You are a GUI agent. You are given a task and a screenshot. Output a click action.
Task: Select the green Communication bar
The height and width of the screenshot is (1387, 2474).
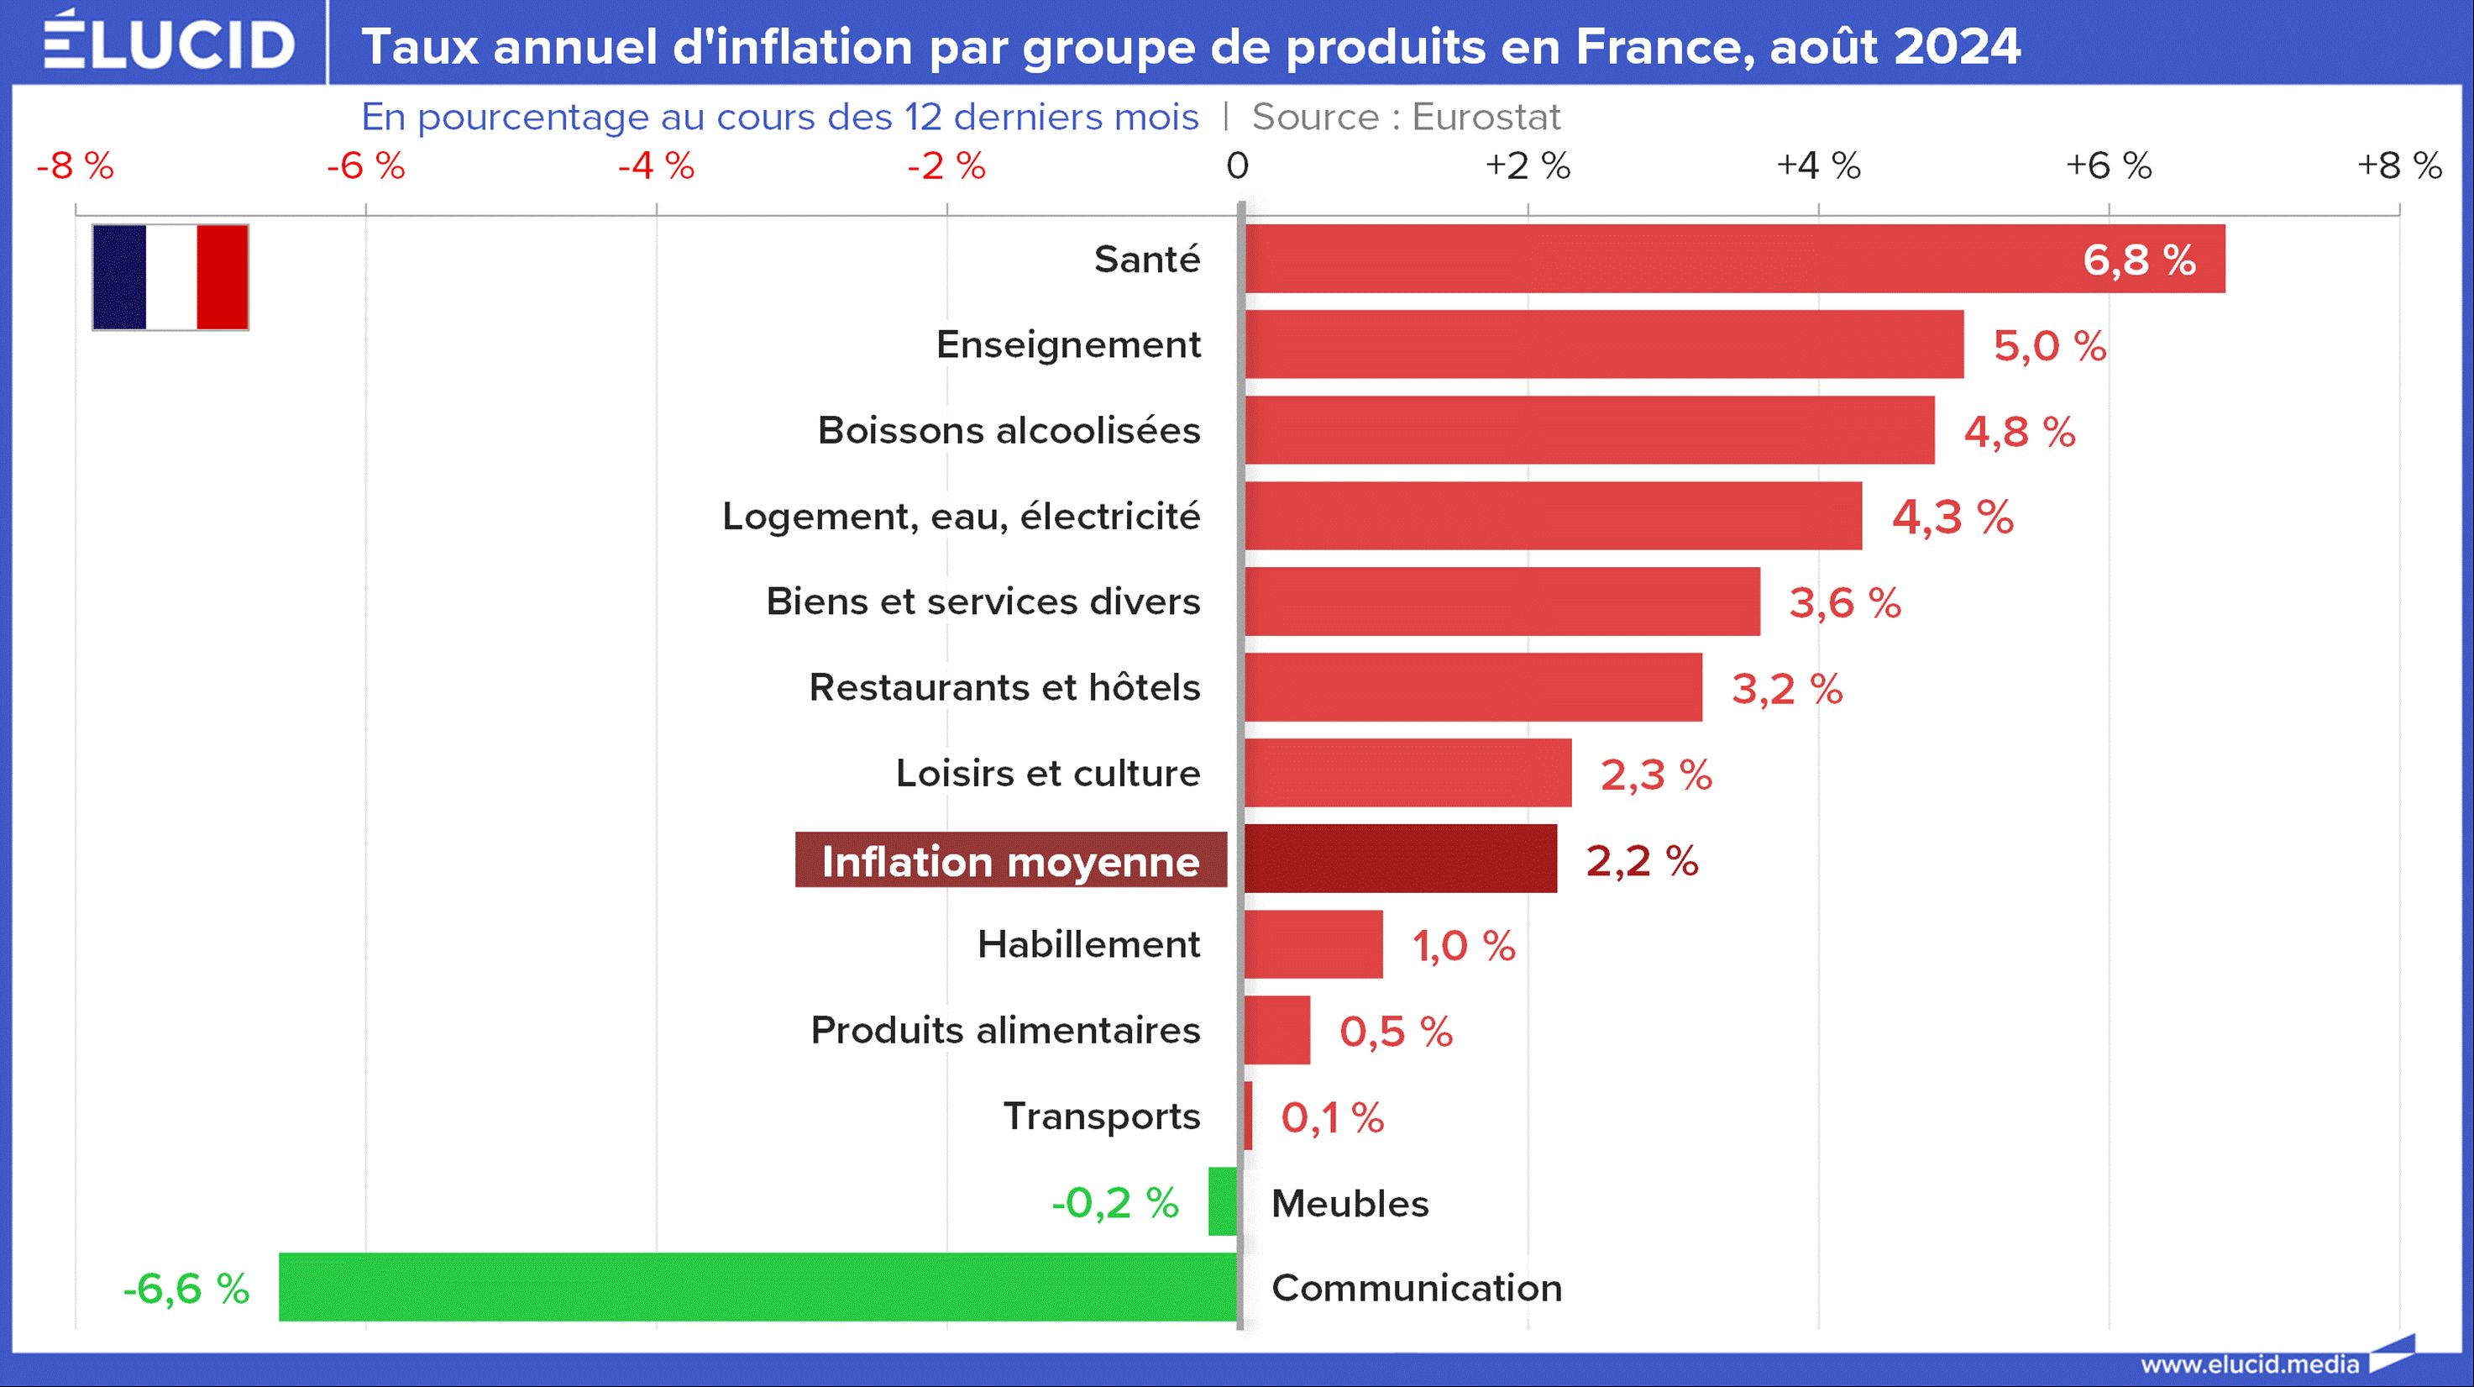pyautogui.click(x=757, y=1286)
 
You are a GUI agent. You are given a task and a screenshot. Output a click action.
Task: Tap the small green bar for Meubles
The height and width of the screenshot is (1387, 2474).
pyautogui.click(x=1223, y=1200)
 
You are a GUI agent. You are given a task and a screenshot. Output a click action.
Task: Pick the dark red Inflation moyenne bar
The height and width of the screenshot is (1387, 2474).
pyautogui.click(x=1400, y=859)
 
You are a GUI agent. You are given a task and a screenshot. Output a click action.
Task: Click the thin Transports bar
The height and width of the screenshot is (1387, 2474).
pyautogui.click(x=1248, y=1115)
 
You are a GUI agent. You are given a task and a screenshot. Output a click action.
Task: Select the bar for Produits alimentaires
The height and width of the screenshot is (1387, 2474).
pyautogui.click(x=1277, y=1030)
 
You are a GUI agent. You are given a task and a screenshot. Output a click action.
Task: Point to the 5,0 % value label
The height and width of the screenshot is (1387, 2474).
pyautogui.click(x=2050, y=346)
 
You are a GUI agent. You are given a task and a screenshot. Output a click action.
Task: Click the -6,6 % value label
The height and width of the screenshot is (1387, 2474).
pyautogui.click(x=186, y=1288)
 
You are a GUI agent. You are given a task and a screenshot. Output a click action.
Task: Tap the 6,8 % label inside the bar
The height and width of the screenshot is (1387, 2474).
pyautogui.click(x=2139, y=260)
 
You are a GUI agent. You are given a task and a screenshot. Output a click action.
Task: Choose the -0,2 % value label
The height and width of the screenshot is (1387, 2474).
pyautogui.click(x=1115, y=1202)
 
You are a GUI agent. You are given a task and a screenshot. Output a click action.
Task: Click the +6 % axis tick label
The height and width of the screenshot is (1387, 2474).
pyautogui.click(x=2108, y=165)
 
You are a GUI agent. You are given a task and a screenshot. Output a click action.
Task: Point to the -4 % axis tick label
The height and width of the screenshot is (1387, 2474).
pyautogui.click(x=656, y=165)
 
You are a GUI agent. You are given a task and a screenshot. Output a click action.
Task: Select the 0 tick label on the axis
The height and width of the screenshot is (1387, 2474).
pyautogui.click(x=1237, y=165)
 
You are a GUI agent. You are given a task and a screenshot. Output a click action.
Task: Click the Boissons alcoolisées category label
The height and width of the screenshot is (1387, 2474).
pyautogui.click(x=1009, y=430)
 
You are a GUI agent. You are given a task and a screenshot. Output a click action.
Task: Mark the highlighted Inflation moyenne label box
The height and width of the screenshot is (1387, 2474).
pyautogui.click(x=1010, y=859)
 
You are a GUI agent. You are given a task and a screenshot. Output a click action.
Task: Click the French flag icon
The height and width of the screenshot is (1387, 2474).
pyautogui.click(x=170, y=277)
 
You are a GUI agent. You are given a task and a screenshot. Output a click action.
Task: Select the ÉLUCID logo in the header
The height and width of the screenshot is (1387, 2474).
pyautogui.click(x=169, y=43)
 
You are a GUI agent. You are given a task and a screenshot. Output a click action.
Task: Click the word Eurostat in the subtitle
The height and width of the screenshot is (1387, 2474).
pyautogui.click(x=1486, y=116)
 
